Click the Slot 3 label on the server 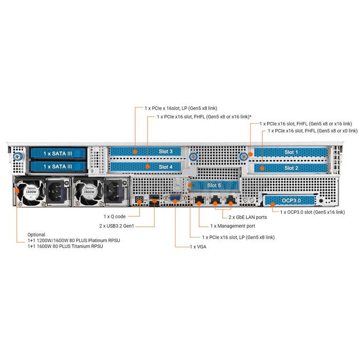pyautogui.click(x=166, y=152)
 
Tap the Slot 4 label pyautogui.click(x=166, y=167)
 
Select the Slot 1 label pyautogui.click(x=291, y=152)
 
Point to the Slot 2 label pyautogui.click(x=291, y=168)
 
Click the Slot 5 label pyautogui.click(x=214, y=185)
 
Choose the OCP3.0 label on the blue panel pyautogui.click(x=291, y=201)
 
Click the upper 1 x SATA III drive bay pyautogui.click(x=58, y=153)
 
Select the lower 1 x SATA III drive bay pyautogui.click(x=58, y=167)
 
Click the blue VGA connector pyautogui.click(x=175, y=199)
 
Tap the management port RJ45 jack pyautogui.click(x=199, y=201)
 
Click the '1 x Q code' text pyautogui.click(x=115, y=217)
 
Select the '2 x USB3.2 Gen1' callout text pyautogui.click(x=117, y=226)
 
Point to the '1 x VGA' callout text pyautogui.click(x=198, y=247)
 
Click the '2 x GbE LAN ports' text pyautogui.click(x=248, y=217)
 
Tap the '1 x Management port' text pyautogui.click(x=232, y=226)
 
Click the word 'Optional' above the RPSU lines pyautogui.click(x=37, y=235)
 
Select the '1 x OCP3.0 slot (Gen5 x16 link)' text pyautogui.click(x=313, y=212)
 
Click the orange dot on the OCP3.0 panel pyautogui.click(x=273, y=205)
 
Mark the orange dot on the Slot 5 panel pyautogui.click(x=190, y=185)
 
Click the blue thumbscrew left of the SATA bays pyautogui.click(x=17, y=157)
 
